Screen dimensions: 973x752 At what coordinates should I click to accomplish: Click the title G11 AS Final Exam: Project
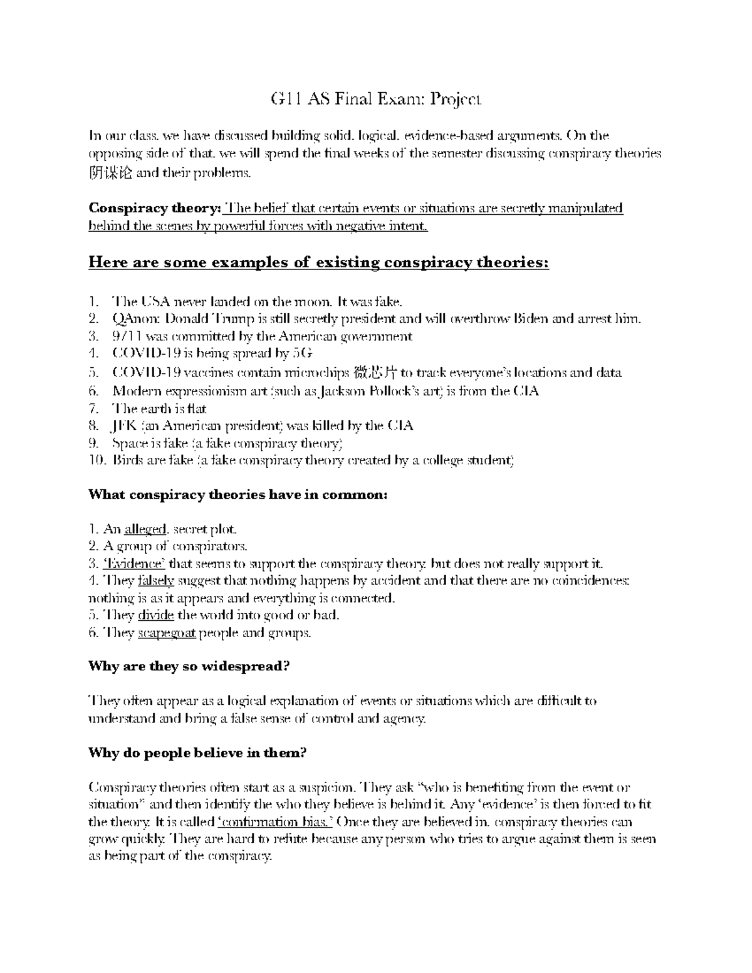(x=376, y=99)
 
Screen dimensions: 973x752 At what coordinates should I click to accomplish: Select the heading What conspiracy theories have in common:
(x=238, y=495)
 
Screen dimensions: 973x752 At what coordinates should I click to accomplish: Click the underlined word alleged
(x=145, y=530)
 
